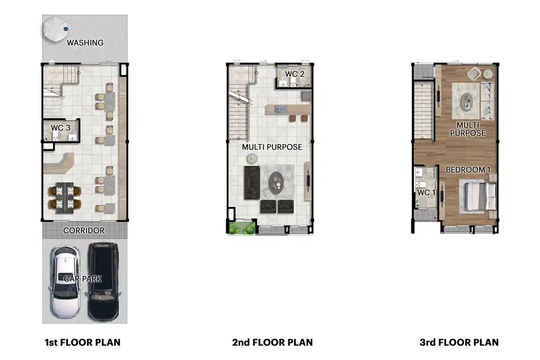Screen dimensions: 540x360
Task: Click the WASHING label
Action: [x=85, y=43]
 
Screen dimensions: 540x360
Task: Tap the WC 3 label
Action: [x=60, y=128]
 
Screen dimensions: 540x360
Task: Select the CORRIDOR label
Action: [x=84, y=230]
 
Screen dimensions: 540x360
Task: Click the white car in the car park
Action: [x=65, y=281]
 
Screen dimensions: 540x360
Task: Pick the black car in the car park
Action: [x=103, y=281]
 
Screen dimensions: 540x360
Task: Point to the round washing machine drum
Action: [x=55, y=29]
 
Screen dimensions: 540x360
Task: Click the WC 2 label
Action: [x=295, y=74]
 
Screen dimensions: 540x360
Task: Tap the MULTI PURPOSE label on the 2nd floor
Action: [x=272, y=147]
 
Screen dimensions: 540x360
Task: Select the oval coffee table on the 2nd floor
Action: [x=276, y=183]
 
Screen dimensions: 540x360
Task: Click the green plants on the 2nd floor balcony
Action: [x=242, y=228]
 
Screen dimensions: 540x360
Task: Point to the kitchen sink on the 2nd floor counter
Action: [x=281, y=109]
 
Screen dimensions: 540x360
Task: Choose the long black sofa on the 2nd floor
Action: [x=252, y=183]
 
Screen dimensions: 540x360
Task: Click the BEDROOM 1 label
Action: [x=468, y=170]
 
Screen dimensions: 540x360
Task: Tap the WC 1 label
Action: [x=426, y=193]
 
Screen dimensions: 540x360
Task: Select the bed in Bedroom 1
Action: [x=478, y=196]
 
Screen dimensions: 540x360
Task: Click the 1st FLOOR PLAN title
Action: [x=83, y=342]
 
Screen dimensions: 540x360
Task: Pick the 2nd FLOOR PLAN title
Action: [x=272, y=342]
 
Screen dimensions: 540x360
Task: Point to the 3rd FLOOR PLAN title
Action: [x=459, y=342]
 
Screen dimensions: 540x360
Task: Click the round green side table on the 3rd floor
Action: [x=488, y=74]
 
